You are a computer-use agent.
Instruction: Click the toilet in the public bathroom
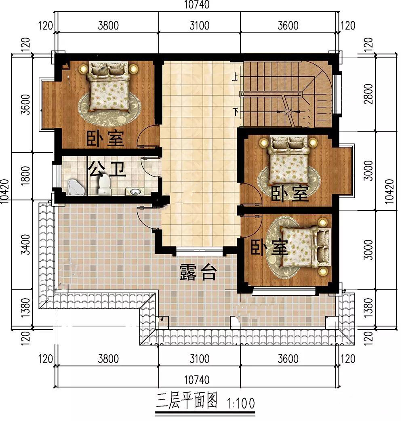click(x=104, y=185)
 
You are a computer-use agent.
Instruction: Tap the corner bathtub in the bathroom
click(x=76, y=187)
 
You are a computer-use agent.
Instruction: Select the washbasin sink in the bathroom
click(x=134, y=191)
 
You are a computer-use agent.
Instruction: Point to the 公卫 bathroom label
click(x=107, y=168)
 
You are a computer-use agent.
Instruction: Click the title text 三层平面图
click(x=187, y=400)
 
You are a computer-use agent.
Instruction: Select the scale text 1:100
click(x=241, y=403)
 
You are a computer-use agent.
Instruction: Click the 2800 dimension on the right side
click(x=368, y=94)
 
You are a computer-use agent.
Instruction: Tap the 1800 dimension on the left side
click(x=25, y=176)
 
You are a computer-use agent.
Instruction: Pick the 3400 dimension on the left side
click(x=25, y=244)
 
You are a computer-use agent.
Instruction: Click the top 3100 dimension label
click(x=199, y=25)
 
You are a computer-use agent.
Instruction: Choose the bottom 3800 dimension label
click(x=108, y=359)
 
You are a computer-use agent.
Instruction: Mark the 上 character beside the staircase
click(x=236, y=77)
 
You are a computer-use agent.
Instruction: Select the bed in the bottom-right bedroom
click(x=305, y=247)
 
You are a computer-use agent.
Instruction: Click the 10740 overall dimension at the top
click(x=197, y=4)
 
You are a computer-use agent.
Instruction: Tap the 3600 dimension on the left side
click(x=25, y=105)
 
